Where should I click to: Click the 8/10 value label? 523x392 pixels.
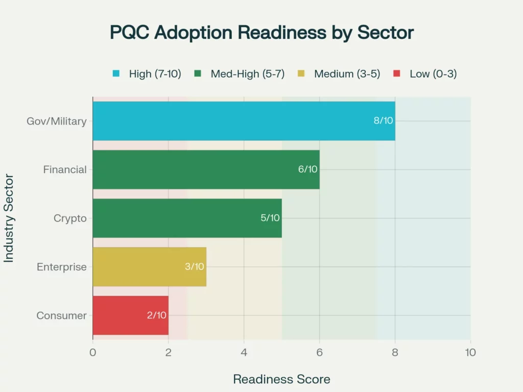[383, 121]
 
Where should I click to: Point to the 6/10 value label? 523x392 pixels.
[308, 169]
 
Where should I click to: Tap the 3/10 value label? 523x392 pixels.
[195, 266]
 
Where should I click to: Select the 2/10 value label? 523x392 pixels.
[157, 315]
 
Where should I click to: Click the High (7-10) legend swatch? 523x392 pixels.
[116, 74]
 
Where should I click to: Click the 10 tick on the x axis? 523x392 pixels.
[470, 353]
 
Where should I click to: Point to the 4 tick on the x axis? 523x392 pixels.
[244, 353]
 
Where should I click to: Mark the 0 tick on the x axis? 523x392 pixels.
[92, 353]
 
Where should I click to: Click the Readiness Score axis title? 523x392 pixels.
[281, 379]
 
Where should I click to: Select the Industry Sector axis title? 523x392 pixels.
[9, 218]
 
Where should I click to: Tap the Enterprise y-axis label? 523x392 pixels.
[61, 267]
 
